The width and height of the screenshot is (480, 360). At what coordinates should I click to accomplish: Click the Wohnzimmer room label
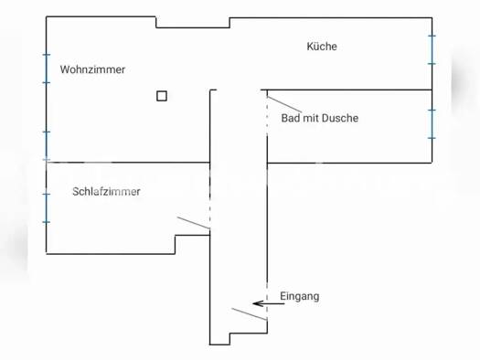coord(92,69)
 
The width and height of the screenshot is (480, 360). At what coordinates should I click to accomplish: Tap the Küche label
coord(322,47)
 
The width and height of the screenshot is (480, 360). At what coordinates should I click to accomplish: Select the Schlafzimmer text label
coord(106,192)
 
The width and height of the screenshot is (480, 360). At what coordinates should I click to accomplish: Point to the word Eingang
coord(300,297)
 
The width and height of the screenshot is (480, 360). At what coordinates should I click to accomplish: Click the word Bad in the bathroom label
coord(291,118)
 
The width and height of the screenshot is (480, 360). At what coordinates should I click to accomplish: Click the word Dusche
coord(341,118)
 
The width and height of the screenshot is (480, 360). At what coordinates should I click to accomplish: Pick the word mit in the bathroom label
coord(311,118)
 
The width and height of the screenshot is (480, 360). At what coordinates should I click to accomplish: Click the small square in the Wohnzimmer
coord(162,95)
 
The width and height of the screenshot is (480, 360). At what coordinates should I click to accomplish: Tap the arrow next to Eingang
coord(269,302)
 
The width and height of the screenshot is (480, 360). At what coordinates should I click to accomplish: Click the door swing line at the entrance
coord(249,315)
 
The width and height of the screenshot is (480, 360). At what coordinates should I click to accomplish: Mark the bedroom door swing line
coord(193,223)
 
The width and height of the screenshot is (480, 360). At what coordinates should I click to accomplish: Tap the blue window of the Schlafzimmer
coord(46,207)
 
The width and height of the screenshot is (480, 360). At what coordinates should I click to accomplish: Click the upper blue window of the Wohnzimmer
coord(46,69)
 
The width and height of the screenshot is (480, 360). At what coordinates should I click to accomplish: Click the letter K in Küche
coord(310,47)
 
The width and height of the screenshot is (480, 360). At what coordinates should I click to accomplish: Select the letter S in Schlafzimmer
coord(75,192)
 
